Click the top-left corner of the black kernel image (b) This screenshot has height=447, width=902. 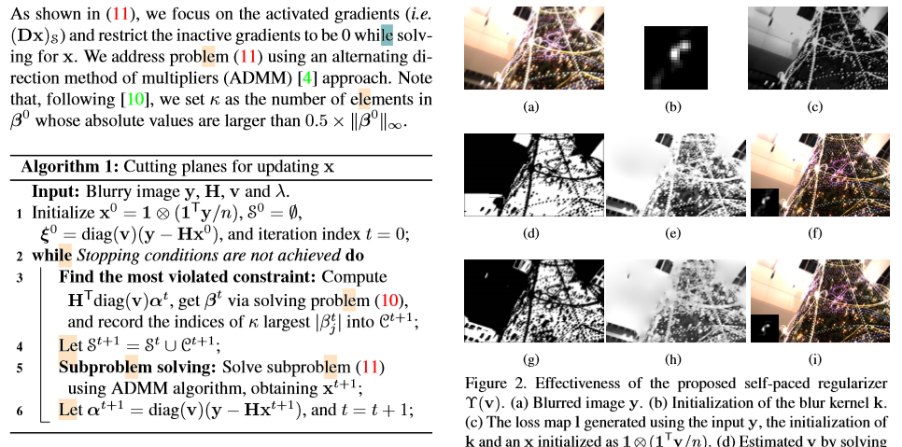(x=644, y=26)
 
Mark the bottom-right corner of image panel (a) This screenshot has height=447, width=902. (x=604, y=89)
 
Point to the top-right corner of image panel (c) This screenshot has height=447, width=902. (x=888, y=7)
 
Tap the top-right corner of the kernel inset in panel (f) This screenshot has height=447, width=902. (x=779, y=189)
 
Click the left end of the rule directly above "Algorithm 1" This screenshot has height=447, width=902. (x=10, y=156)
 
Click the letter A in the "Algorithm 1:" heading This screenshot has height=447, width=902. (x=26, y=167)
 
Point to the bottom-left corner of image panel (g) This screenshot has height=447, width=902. (x=464, y=342)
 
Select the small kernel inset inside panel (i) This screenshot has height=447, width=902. (x=765, y=328)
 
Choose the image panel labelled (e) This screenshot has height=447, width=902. (x=676, y=175)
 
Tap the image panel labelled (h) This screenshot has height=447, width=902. (x=676, y=300)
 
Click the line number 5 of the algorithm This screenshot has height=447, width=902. (x=20, y=368)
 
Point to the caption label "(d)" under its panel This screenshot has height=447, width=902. (x=531, y=233)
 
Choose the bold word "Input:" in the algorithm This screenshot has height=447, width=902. (x=56, y=191)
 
